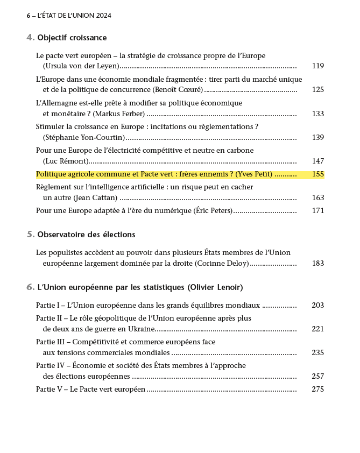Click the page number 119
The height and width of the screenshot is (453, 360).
pyautogui.click(x=317, y=66)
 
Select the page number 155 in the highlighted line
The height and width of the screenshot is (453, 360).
pyautogui.click(x=317, y=174)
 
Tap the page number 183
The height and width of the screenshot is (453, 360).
pyautogui.click(x=317, y=263)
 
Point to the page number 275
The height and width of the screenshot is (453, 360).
pyautogui.click(x=317, y=389)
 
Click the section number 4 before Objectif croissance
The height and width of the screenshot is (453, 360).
pyautogui.click(x=30, y=38)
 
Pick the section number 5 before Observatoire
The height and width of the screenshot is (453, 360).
pyautogui.click(x=30, y=235)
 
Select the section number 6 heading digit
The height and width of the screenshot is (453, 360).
pyautogui.click(x=30, y=287)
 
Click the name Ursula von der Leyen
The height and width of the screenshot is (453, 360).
pyautogui.click(x=81, y=66)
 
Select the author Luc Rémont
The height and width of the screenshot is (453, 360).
pyautogui.click(x=67, y=161)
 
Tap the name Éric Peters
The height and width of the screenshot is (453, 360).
pyautogui.click(x=213, y=210)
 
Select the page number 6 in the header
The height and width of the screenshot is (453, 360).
pyautogui.click(x=28, y=16)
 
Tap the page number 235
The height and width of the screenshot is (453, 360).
pyautogui.click(x=317, y=352)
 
